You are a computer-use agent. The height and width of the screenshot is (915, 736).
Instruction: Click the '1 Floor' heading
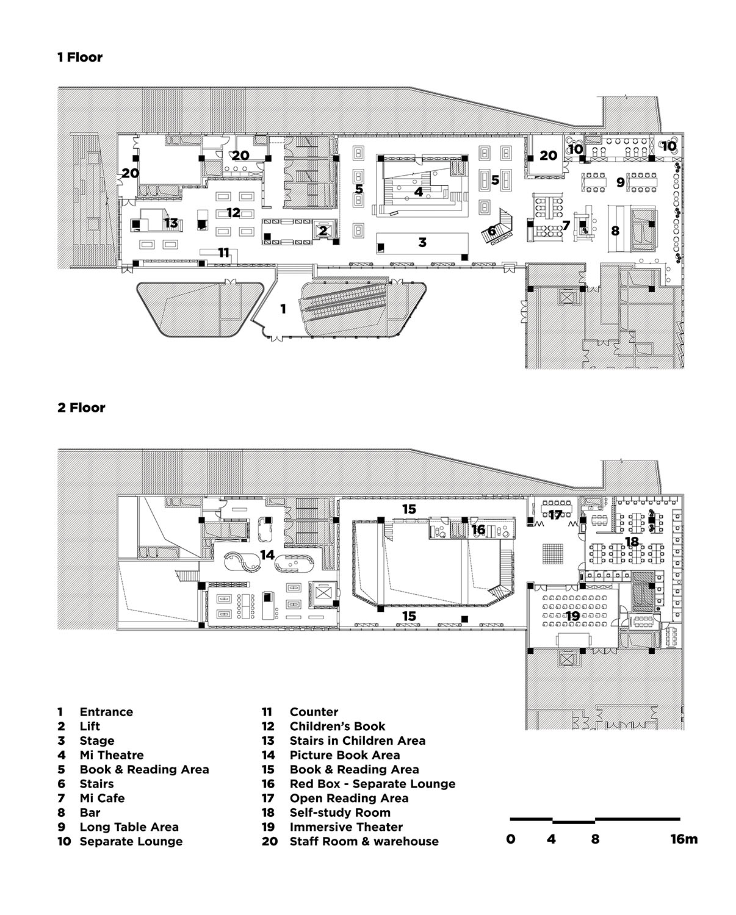[80, 57]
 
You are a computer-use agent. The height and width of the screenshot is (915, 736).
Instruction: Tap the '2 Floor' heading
[81, 407]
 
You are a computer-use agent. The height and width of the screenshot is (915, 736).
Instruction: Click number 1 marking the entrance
[283, 309]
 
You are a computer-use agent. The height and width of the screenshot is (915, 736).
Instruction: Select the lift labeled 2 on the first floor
[322, 231]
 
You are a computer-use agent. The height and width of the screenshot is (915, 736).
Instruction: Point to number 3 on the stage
[422, 242]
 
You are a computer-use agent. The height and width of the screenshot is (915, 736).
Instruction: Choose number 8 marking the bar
[615, 231]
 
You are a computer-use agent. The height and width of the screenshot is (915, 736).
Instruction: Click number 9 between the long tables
[620, 181]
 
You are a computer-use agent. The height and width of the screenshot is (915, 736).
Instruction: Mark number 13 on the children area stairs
[171, 223]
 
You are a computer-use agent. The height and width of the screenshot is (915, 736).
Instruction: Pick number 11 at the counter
[224, 252]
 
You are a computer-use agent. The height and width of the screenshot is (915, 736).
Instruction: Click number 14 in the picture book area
[267, 554]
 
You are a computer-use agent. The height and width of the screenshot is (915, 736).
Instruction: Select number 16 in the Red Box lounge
[478, 529]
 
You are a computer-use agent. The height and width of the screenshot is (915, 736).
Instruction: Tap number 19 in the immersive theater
[572, 616]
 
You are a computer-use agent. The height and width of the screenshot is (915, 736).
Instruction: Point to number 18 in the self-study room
[631, 541]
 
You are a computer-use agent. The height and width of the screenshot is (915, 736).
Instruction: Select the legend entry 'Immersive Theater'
[346, 827]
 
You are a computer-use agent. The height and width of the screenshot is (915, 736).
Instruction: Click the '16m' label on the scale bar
[684, 839]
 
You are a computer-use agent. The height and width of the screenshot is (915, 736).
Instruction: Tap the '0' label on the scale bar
[511, 839]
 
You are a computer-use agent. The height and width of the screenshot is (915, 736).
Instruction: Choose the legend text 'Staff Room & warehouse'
[364, 841]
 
